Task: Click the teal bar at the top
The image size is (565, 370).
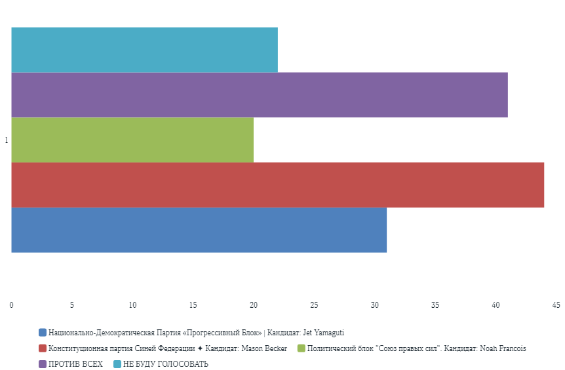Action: pyautogui.click(x=144, y=50)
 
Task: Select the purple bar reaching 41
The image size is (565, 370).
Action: pyautogui.click(x=260, y=95)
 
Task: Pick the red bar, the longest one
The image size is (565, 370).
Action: pyautogui.click(x=277, y=185)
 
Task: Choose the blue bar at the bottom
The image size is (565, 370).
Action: pyautogui.click(x=199, y=230)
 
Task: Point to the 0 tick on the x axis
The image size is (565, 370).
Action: pyautogui.click(x=11, y=305)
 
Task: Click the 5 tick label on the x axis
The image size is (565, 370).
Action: pyautogui.click(x=72, y=305)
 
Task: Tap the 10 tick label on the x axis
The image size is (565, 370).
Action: pyautogui.click(x=132, y=305)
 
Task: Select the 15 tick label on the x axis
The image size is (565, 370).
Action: pyautogui.click(x=193, y=305)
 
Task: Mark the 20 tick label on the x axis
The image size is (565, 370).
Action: pyautogui.click(x=254, y=305)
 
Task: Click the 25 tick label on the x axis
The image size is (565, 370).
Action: pyautogui.click(x=314, y=305)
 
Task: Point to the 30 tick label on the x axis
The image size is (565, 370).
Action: pyautogui.click(x=374, y=305)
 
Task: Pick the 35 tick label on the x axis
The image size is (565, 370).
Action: pyautogui.click(x=435, y=305)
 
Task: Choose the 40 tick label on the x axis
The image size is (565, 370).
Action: pyautogui.click(x=496, y=305)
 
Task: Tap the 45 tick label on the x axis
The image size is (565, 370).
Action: pyautogui.click(x=556, y=305)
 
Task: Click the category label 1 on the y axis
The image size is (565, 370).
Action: pyautogui.click(x=7, y=140)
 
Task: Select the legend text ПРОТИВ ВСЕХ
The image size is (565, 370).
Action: pyautogui.click(x=75, y=364)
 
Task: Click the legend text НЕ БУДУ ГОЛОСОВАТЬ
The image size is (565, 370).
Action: pyautogui.click(x=165, y=364)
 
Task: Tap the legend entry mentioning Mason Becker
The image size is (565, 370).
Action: pyautogui.click(x=168, y=348)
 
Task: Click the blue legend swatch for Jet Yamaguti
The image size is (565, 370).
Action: pyautogui.click(x=43, y=333)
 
